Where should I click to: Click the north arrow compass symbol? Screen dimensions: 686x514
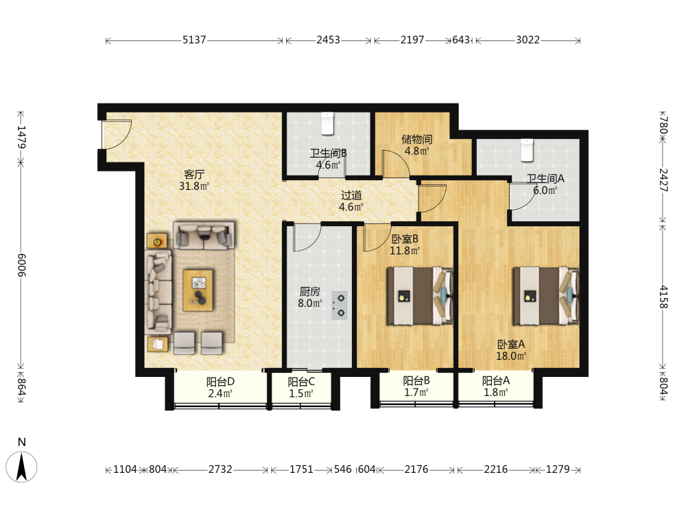click(21, 467)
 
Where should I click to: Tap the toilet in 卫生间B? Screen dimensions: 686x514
click(328, 123)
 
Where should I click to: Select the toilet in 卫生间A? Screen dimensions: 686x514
click(527, 150)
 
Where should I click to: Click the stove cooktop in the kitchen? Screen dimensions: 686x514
click(340, 306)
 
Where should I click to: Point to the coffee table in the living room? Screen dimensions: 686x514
click(198, 290)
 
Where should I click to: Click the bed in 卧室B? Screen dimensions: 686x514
click(420, 296)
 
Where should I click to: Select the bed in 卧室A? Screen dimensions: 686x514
click(546, 296)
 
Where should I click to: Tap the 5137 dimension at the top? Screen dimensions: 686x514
click(194, 40)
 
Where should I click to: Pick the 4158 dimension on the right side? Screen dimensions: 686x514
click(663, 297)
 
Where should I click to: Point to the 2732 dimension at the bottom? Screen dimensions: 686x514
click(220, 469)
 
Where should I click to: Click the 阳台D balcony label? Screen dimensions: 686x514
click(220, 382)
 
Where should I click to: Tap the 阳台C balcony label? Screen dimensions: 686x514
click(301, 382)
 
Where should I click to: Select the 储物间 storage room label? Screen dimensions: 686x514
click(417, 139)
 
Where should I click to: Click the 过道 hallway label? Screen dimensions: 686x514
click(351, 195)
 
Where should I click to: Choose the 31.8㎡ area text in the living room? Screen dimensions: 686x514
click(194, 186)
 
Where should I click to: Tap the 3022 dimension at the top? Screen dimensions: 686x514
click(528, 40)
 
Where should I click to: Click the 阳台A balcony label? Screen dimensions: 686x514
click(496, 380)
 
